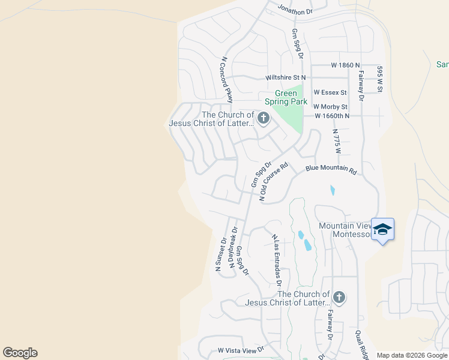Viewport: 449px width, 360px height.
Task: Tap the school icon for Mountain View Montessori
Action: point(382,230)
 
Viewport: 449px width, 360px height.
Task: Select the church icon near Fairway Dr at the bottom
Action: point(339,297)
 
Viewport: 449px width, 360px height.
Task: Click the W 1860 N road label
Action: point(345,65)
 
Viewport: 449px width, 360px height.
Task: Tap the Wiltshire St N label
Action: point(286,77)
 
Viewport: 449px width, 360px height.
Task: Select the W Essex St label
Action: point(330,92)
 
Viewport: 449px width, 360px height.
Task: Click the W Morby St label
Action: point(331,106)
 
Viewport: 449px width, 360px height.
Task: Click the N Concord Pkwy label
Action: point(226,80)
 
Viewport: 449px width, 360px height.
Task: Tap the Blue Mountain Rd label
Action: point(331,170)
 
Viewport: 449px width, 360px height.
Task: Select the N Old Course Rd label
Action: point(274,181)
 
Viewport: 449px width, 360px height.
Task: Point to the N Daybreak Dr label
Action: point(233,247)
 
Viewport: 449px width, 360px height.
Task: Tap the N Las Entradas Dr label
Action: point(277,262)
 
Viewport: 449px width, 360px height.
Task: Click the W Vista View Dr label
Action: point(241,350)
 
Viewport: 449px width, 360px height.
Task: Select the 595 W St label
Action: point(380,79)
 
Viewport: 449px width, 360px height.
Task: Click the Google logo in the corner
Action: point(20,353)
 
